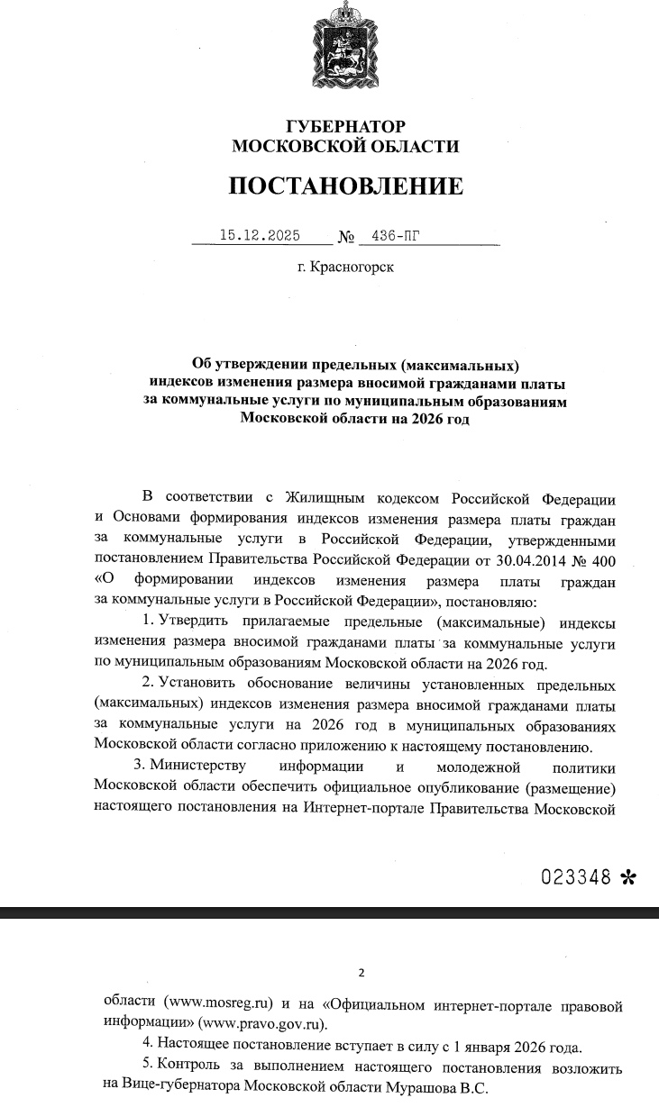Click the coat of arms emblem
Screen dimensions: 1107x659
345,43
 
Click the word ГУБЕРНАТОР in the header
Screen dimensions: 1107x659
346,127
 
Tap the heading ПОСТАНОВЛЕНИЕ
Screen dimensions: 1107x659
345,186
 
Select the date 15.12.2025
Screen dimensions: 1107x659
260,237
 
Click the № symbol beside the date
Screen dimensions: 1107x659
346,239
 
